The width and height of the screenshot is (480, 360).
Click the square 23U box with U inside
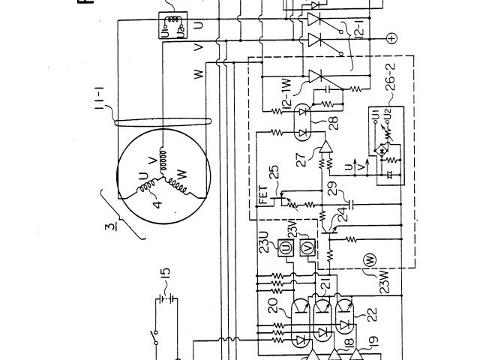286,247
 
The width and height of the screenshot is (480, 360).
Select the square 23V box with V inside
306,247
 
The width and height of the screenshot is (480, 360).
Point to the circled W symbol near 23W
368,260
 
